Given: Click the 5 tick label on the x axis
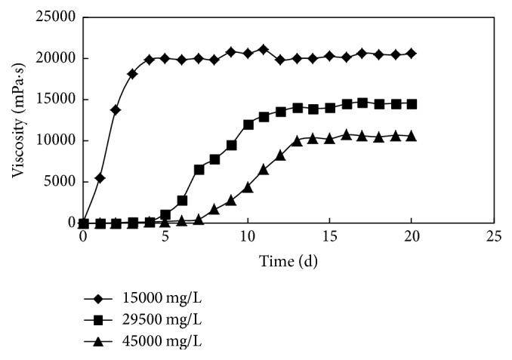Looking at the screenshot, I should click(x=165, y=236).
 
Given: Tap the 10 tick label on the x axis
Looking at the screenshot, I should click(x=247, y=236).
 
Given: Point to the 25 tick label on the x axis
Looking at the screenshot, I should click(x=493, y=236).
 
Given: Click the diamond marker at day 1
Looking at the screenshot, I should click(x=100, y=178).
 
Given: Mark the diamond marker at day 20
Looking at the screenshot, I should click(x=412, y=54).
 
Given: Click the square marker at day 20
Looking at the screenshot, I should click(x=412, y=104).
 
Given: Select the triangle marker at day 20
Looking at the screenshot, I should click(x=412, y=136).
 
